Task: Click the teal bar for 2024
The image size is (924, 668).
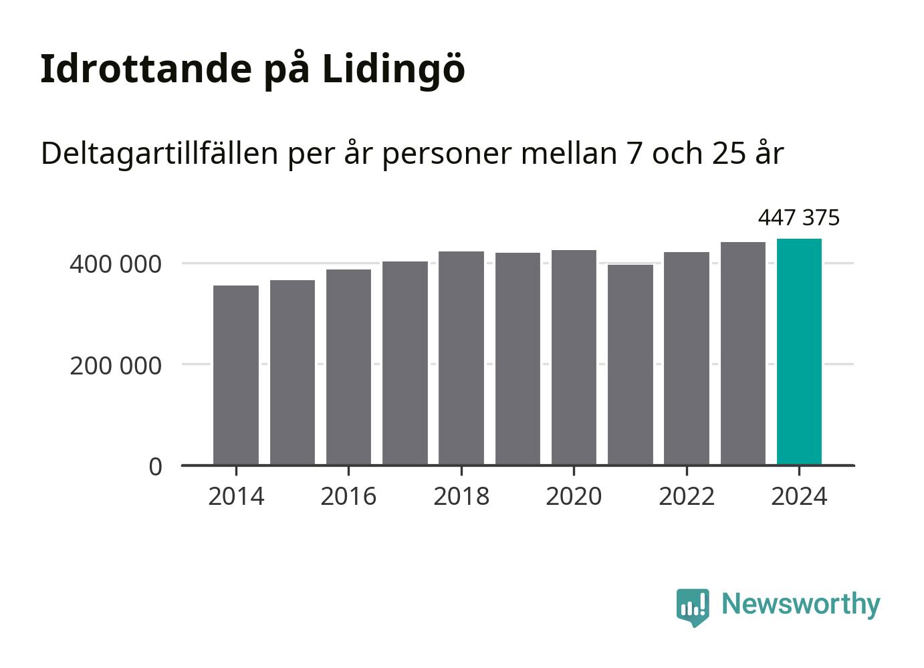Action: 799,352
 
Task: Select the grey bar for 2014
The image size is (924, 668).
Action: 236,375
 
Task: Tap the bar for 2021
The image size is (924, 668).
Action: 630,364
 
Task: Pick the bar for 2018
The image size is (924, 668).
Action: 461,358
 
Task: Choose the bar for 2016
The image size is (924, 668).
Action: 348,367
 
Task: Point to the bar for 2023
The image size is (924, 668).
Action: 743,353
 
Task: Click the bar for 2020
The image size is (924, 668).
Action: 574,357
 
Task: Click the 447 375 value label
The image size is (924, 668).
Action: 799,218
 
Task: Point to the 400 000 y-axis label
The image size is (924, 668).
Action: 116,264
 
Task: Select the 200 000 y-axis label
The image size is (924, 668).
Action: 116,366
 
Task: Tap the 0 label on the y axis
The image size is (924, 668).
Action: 155,467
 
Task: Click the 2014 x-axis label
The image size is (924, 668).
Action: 236,497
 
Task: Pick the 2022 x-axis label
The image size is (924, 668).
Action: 687,497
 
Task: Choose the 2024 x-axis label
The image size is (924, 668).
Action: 799,497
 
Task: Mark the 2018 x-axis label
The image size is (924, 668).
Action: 461,497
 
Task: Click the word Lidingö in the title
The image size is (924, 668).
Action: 393,69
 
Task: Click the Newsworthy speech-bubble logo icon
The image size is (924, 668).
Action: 693,606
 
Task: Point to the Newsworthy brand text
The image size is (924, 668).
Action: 800,604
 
